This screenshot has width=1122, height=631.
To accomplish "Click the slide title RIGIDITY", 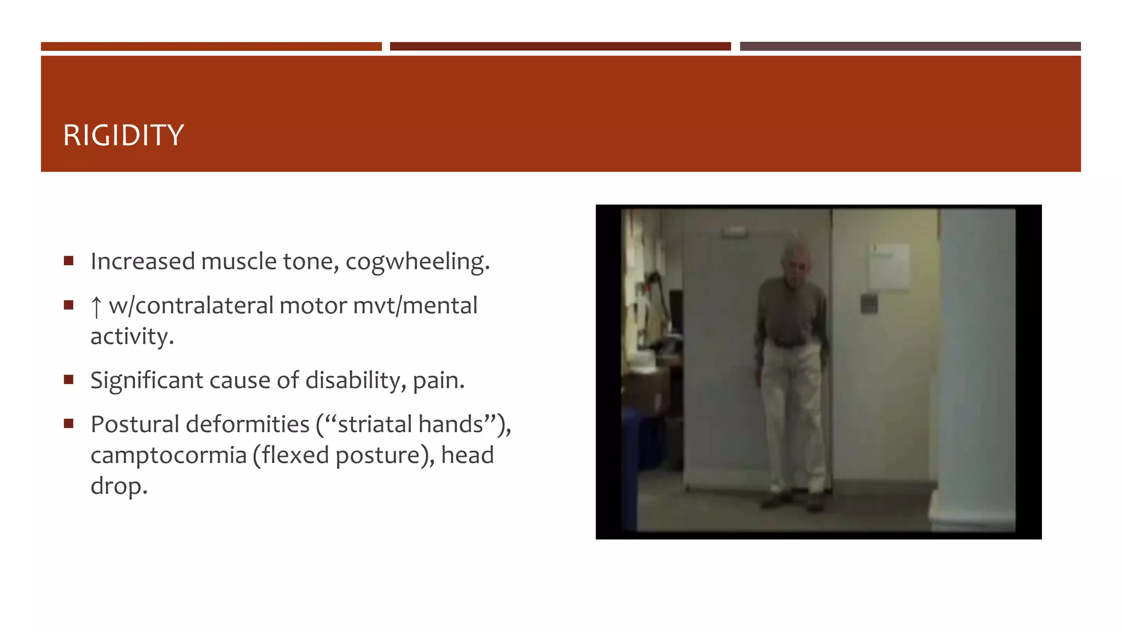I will [x=123, y=135].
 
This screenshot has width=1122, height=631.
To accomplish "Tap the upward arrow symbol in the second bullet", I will [x=96, y=307].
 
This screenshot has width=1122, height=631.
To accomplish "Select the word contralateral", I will [x=204, y=306].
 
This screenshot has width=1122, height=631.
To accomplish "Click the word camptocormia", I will [x=168, y=455].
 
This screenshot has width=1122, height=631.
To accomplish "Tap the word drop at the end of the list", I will [x=118, y=486].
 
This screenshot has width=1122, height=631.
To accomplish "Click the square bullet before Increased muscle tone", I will [x=68, y=261].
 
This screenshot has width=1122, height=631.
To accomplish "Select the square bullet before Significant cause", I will [x=68, y=380].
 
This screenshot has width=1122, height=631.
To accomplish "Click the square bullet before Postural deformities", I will [x=68, y=423].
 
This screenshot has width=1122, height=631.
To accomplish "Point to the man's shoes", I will [x=794, y=501].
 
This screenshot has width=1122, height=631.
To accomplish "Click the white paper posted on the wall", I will [x=889, y=266].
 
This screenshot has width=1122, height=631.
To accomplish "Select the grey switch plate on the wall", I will [x=869, y=304].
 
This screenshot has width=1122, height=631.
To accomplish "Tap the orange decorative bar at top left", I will [x=211, y=47].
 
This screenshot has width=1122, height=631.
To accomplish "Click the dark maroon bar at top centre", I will [x=560, y=47].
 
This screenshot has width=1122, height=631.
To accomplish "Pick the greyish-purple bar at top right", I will [x=910, y=47].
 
